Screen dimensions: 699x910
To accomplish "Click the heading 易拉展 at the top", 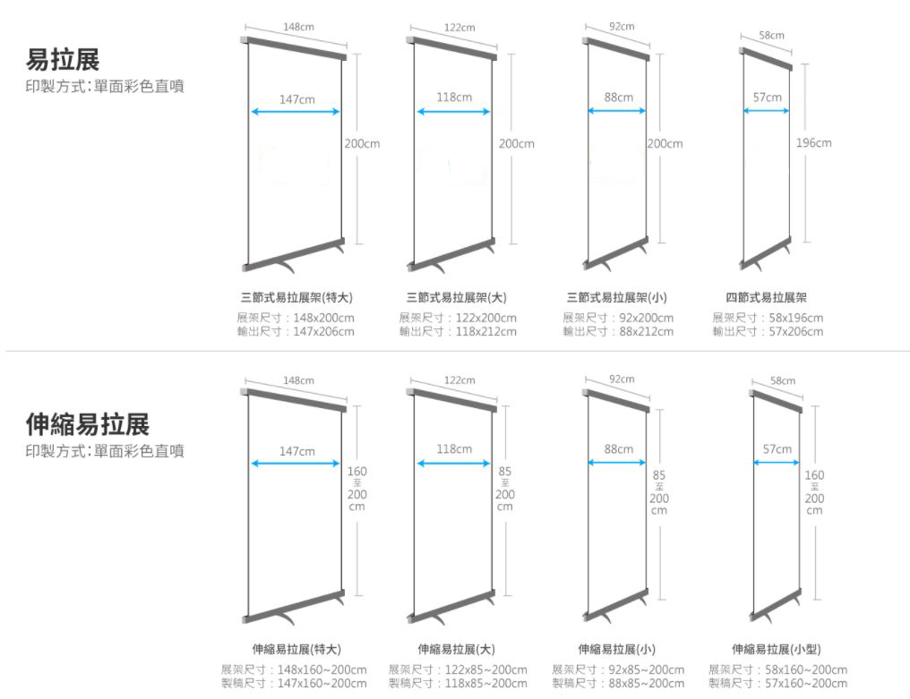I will (62, 60).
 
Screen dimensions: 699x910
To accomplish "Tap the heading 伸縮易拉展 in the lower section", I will (87, 424).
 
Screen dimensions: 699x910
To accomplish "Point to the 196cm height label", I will (813, 143).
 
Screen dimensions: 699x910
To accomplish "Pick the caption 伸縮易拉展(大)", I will (456, 650).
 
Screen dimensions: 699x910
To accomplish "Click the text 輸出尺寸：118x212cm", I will (458, 332).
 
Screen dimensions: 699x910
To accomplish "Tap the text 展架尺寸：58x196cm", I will (768, 319).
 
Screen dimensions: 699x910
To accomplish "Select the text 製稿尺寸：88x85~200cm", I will (618, 684).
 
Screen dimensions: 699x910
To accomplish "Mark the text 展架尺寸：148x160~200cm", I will (294, 670).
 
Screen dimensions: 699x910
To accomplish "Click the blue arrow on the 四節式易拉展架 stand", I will (767, 111).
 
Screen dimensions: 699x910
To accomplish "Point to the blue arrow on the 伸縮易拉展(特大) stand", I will (296, 464).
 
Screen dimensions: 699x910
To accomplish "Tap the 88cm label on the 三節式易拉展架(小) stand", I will (618, 97).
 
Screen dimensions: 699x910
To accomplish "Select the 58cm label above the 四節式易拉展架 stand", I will (771, 35).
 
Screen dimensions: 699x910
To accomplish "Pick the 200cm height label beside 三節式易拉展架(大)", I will (517, 143).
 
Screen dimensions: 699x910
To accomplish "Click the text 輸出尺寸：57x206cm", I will (768, 332).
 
